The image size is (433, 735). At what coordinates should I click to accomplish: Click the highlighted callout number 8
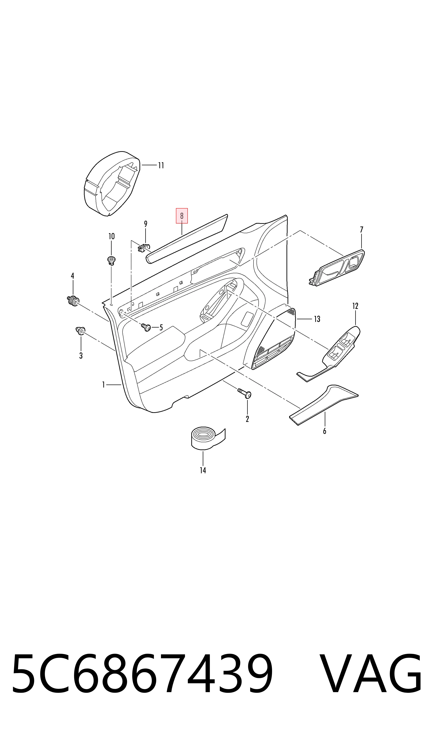tap(182, 216)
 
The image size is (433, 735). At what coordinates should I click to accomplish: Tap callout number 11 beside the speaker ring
tap(161, 165)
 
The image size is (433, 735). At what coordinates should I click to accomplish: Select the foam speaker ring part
tap(111, 184)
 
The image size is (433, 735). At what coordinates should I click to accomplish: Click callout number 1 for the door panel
tap(103, 385)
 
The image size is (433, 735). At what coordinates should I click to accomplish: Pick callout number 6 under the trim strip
tap(324, 431)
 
